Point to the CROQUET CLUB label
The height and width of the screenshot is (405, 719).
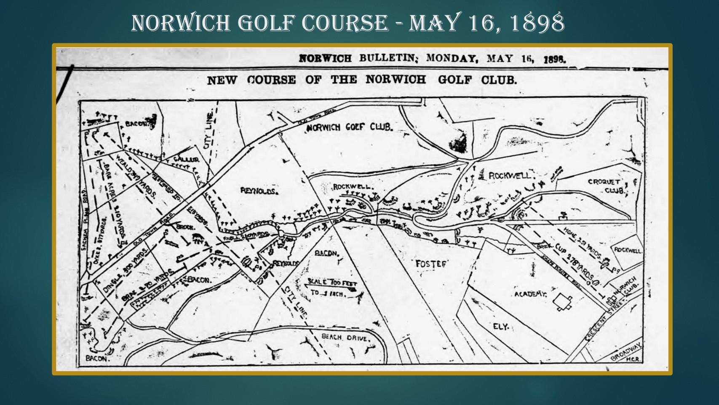(x=607, y=186)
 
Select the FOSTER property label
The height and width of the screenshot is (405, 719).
(x=431, y=264)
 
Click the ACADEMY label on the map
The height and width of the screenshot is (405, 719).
(x=530, y=294)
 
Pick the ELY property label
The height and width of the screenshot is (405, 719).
(x=501, y=327)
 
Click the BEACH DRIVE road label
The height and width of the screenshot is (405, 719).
(x=345, y=337)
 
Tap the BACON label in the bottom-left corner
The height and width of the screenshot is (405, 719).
(x=97, y=359)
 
